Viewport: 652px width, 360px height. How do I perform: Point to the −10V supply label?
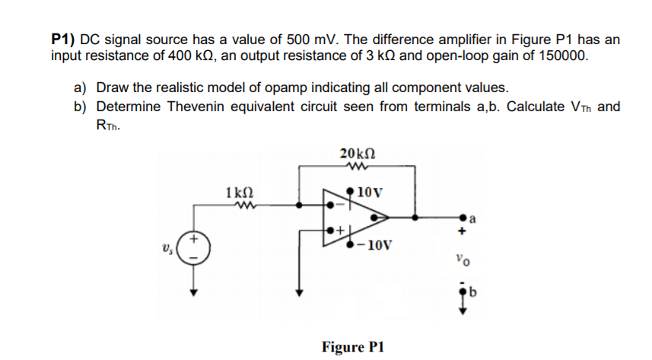[374, 245]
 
